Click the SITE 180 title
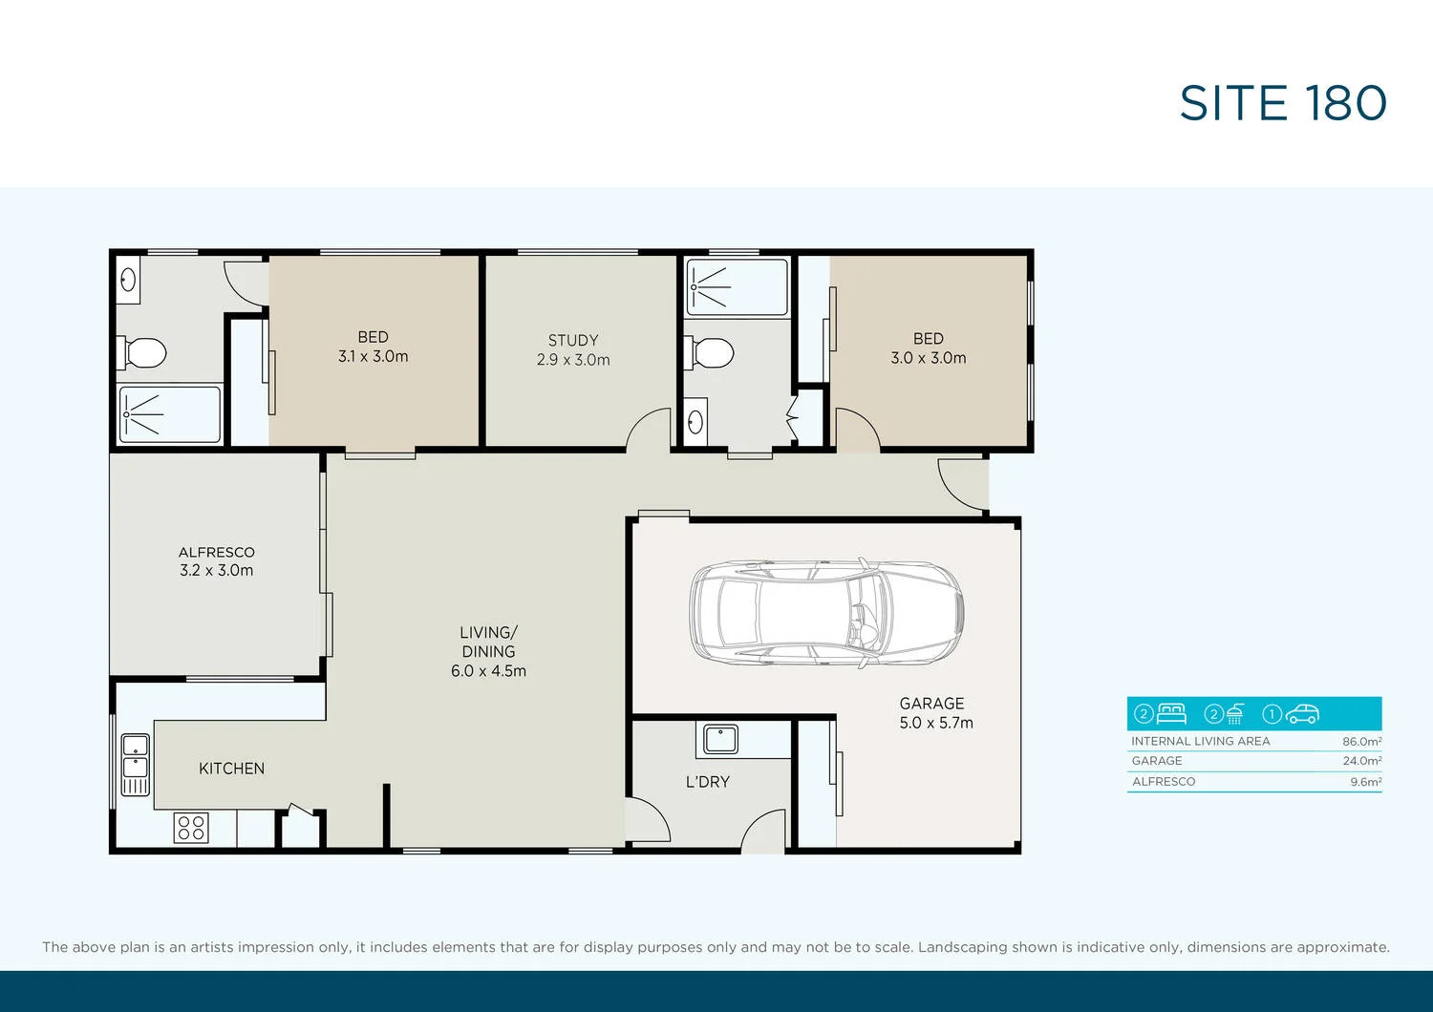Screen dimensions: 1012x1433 (x=1282, y=103)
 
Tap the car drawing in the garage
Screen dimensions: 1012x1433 (x=826, y=612)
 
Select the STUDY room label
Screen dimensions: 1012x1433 (x=573, y=349)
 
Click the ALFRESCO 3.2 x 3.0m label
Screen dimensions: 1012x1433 (x=217, y=561)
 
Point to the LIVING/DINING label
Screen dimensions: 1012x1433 (x=488, y=651)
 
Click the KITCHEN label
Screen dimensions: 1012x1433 (x=231, y=769)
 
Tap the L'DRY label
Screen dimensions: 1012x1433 (x=707, y=782)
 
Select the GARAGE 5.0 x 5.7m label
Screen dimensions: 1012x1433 (x=935, y=713)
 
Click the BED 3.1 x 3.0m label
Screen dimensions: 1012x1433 (x=373, y=347)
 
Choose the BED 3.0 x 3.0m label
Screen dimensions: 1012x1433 (x=928, y=348)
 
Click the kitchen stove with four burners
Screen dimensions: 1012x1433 (x=191, y=827)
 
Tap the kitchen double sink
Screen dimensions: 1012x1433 (x=135, y=764)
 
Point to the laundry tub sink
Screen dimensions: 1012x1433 (x=720, y=739)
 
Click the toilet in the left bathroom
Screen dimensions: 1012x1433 (x=143, y=353)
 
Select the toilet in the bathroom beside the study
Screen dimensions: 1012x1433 (x=711, y=352)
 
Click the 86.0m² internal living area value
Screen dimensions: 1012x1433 (x=1361, y=742)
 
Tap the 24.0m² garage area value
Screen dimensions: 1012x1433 (x=1361, y=762)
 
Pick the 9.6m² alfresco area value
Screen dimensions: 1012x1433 (x=1365, y=782)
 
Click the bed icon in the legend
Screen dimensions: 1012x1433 (x=1171, y=713)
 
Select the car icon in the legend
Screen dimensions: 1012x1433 (x=1302, y=713)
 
